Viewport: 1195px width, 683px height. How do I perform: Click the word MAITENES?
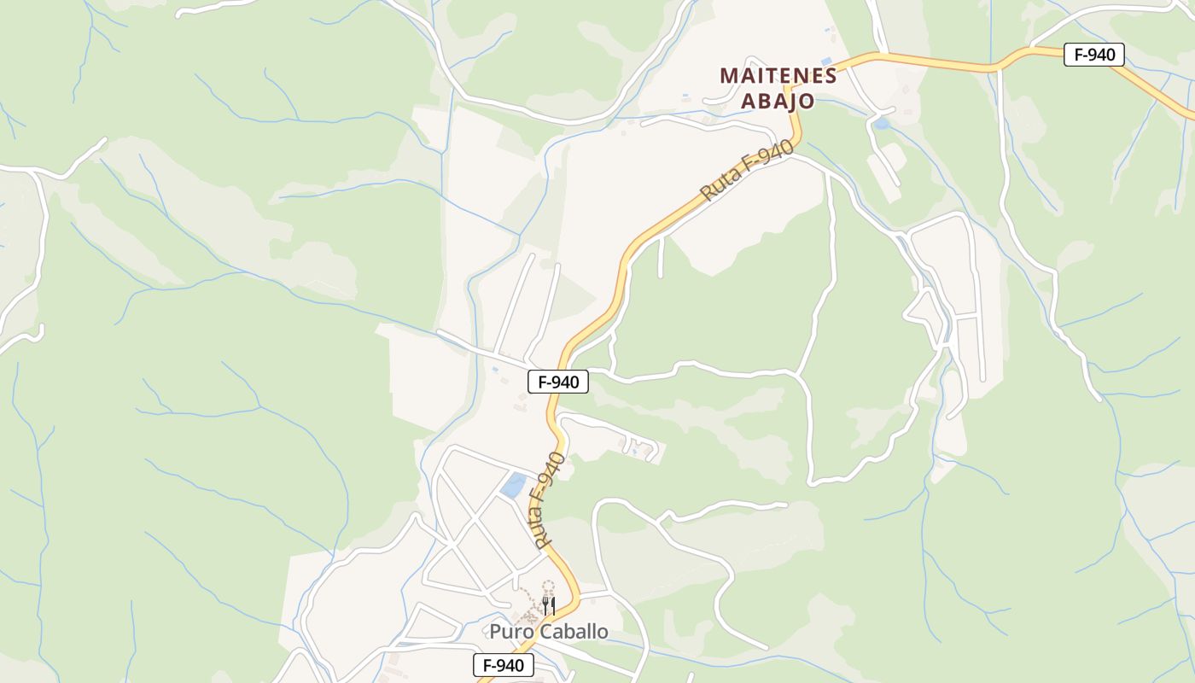[x=778, y=75]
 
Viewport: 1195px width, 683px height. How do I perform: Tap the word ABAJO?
[x=777, y=101]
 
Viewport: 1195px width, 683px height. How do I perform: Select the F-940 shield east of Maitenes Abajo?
[x=1094, y=55]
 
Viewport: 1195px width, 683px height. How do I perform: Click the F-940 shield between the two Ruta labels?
[x=558, y=382]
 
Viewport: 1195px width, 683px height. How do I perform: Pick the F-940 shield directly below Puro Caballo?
[x=504, y=665]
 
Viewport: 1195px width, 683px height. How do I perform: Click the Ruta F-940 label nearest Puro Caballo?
[x=547, y=501]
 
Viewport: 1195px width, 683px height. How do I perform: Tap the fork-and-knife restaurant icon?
[x=549, y=606]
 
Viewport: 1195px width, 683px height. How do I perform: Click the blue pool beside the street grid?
[x=514, y=485]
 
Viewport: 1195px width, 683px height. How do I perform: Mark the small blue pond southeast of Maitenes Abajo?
[x=881, y=123]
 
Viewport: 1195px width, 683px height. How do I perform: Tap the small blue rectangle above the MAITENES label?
[x=825, y=61]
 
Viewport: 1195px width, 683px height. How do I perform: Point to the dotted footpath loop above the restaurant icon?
[x=548, y=587]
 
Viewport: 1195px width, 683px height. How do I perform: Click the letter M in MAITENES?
[x=728, y=75]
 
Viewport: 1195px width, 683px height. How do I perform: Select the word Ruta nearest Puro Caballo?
[x=539, y=529]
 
